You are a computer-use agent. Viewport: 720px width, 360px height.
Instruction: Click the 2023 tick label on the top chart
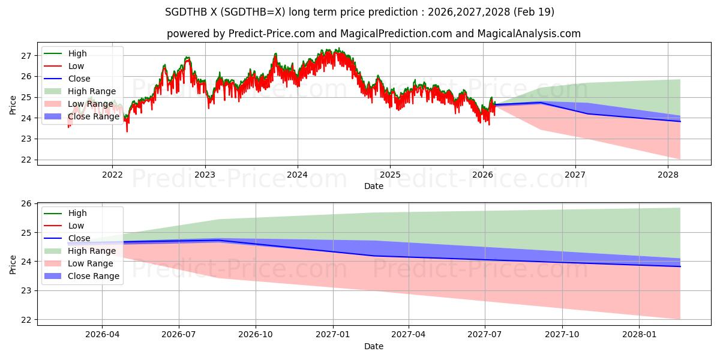pyautogui.click(x=205, y=175)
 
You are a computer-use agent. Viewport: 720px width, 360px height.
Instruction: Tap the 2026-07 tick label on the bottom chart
pyautogui.click(x=179, y=334)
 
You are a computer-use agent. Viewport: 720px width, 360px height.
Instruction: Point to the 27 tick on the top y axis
pyautogui.click(x=26, y=56)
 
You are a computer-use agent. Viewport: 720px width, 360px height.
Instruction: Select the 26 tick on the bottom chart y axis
pyautogui.click(x=26, y=203)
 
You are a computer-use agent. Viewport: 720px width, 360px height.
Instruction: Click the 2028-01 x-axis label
pyautogui.click(x=639, y=334)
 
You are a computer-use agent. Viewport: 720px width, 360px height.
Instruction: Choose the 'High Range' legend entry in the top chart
pyautogui.click(x=80, y=91)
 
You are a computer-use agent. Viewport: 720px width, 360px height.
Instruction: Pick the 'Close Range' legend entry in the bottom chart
pyautogui.click(x=82, y=276)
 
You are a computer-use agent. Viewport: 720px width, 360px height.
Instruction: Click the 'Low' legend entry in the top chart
pyautogui.click(x=64, y=66)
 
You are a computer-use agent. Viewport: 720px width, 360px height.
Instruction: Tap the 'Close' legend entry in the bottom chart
pyautogui.click(x=67, y=238)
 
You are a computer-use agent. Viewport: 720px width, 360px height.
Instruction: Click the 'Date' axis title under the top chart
pyautogui.click(x=373, y=186)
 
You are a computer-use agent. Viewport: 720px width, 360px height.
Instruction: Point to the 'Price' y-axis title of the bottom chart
pyautogui.click(x=13, y=265)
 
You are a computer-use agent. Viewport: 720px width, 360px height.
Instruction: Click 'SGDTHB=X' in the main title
pyautogui.click(x=253, y=12)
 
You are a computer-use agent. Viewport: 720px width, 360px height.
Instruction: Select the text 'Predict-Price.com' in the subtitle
pyautogui.click(x=272, y=34)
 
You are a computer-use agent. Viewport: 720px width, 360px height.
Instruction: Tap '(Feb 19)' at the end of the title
pyautogui.click(x=534, y=12)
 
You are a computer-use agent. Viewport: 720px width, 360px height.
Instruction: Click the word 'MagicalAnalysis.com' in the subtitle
pyautogui.click(x=529, y=34)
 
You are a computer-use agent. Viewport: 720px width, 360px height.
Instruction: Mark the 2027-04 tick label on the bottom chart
pyautogui.click(x=408, y=334)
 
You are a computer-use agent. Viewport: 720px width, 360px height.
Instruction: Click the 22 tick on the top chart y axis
pyautogui.click(x=26, y=160)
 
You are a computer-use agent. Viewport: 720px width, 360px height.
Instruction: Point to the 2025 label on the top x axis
pyautogui.click(x=390, y=175)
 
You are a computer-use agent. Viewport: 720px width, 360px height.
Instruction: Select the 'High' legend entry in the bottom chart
pyautogui.click(x=65, y=213)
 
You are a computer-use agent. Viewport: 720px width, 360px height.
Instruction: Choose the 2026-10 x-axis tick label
pyautogui.click(x=256, y=334)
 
